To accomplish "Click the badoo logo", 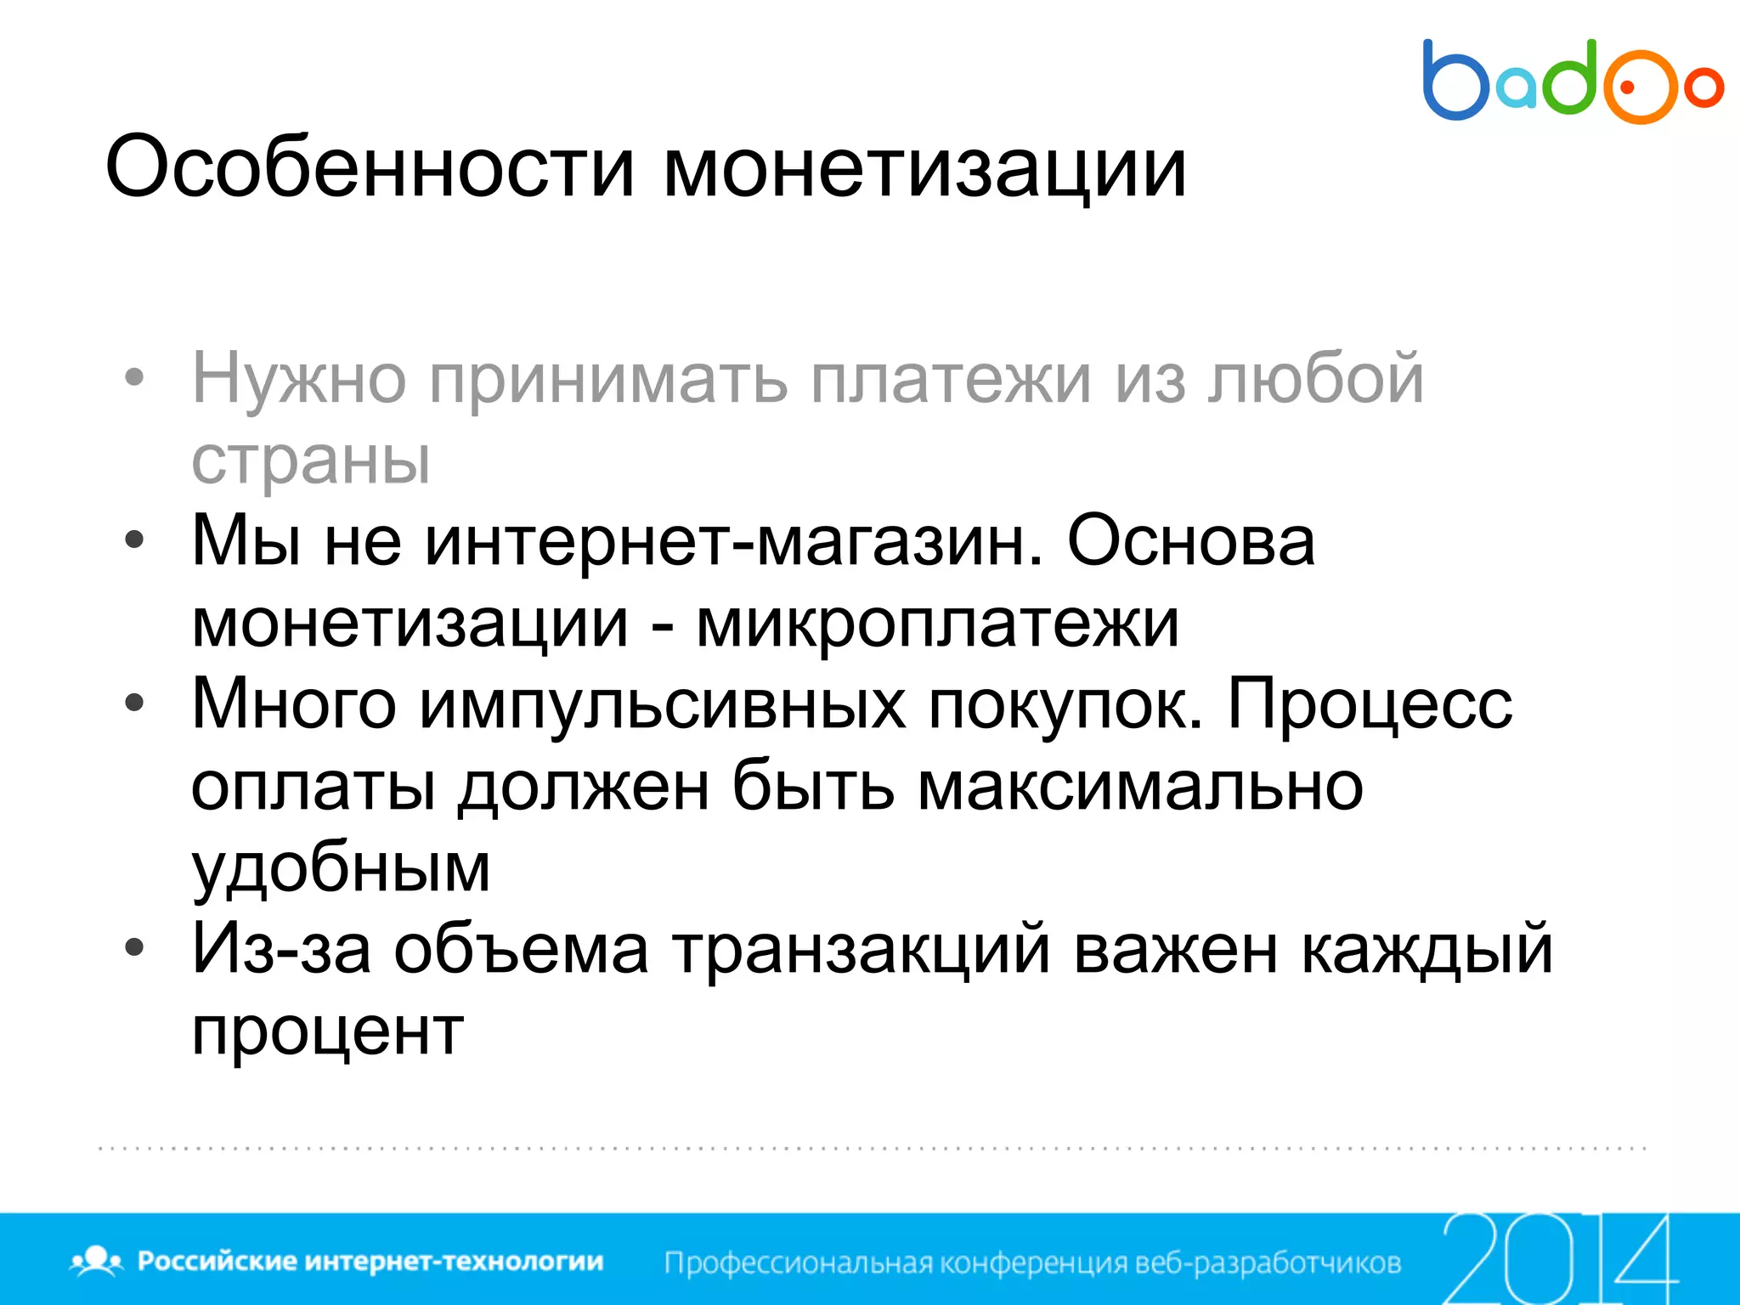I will point(1572,82).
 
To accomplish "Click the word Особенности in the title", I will point(370,167).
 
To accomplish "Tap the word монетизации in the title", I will point(924,167).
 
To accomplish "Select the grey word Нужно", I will point(299,379).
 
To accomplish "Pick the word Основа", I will point(1190,541).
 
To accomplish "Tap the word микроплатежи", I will point(937,623).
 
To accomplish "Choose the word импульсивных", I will point(663,704).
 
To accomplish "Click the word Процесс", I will point(1370,704).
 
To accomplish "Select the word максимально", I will point(1140,786).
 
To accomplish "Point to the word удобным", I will point(341,868).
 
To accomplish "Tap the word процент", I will point(328,1031).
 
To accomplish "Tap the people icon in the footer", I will point(97,1260).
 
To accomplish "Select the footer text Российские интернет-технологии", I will point(370,1261).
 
